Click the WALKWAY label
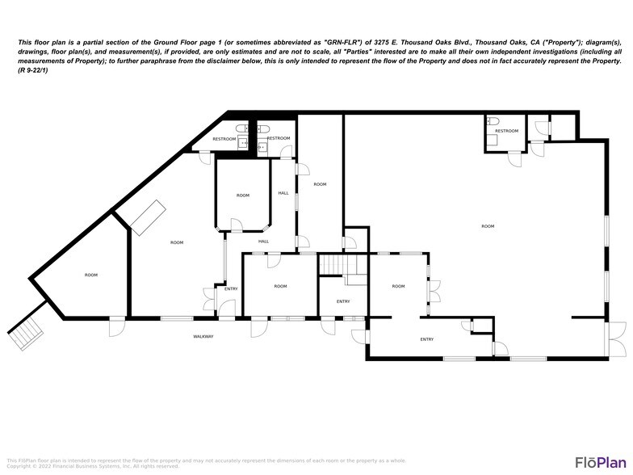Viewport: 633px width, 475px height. [203, 336]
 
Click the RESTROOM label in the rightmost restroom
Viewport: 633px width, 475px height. [506, 131]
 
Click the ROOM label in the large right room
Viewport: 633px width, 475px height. [488, 226]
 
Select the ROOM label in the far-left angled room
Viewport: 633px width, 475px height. [91, 275]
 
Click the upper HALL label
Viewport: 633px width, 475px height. [283, 193]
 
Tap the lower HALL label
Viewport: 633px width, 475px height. [264, 242]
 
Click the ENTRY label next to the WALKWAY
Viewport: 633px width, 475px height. [231, 288]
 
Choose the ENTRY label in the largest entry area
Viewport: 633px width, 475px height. [427, 339]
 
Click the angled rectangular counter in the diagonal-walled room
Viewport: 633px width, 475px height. [148, 218]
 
